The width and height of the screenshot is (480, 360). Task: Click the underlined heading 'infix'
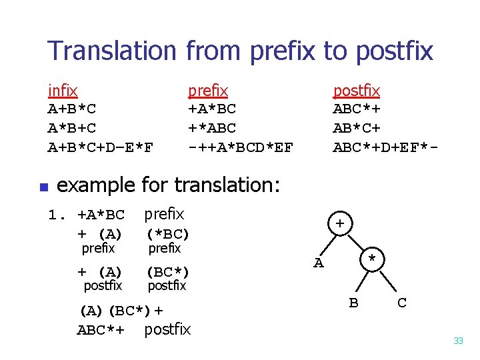click(x=63, y=90)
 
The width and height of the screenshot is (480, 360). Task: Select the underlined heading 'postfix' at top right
click(x=356, y=90)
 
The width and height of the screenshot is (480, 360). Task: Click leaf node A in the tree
click(x=319, y=263)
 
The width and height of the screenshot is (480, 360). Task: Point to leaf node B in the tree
click(x=354, y=303)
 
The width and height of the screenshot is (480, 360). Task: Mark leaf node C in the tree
click(x=401, y=303)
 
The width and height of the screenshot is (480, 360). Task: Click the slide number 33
click(x=458, y=341)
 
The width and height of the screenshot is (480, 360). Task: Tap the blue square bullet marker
click(x=41, y=187)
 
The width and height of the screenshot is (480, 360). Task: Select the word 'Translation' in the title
click(x=111, y=51)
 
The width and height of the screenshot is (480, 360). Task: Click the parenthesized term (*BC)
click(x=168, y=234)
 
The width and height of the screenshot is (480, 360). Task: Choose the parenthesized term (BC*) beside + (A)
click(x=168, y=272)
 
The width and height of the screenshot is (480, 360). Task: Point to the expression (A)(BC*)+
click(x=121, y=310)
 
